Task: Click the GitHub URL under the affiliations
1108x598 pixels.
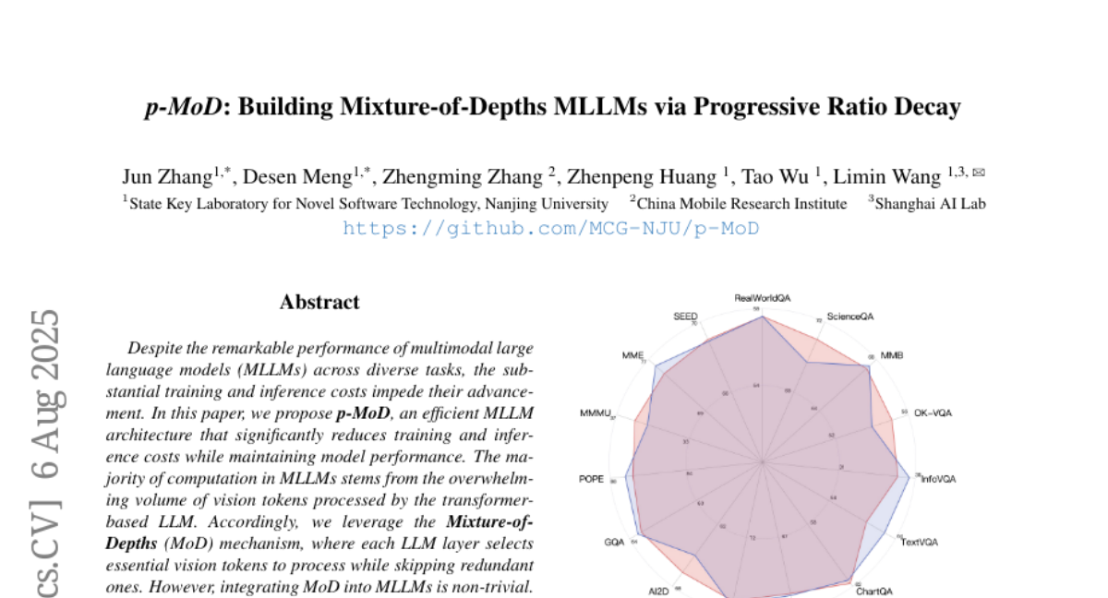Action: [x=550, y=228]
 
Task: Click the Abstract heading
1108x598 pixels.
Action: [x=319, y=302]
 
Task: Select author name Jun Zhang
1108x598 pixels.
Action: [x=167, y=176]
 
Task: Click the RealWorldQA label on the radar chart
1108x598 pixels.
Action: [x=763, y=297]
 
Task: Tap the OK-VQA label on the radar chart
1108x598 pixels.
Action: [x=933, y=413]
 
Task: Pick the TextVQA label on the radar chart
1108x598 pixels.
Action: [x=919, y=542]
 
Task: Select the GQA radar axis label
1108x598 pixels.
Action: [x=614, y=542]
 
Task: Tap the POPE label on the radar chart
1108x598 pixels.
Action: [x=591, y=479]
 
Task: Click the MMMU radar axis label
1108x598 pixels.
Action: [x=596, y=413]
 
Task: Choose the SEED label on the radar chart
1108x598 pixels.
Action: [x=685, y=317]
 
